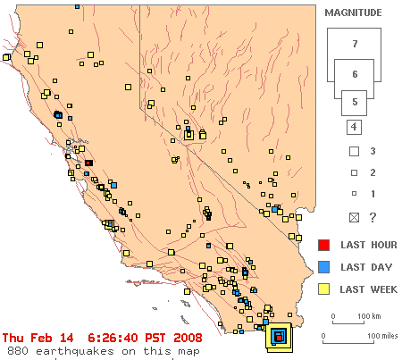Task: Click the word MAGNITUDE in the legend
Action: click(x=353, y=13)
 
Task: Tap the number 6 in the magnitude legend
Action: click(x=355, y=74)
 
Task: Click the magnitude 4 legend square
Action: click(x=354, y=127)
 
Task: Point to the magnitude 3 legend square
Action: click(x=354, y=151)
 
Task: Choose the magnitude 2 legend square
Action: click(x=354, y=172)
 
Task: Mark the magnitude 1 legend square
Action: click(x=354, y=194)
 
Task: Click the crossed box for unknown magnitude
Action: click(x=354, y=218)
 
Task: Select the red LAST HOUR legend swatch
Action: click(x=323, y=245)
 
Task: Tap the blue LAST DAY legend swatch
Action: click(x=323, y=267)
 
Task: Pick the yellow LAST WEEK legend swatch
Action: click(x=323, y=289)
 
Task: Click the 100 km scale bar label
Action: click(x=369, y=316)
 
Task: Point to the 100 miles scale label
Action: click(x=382, y=336)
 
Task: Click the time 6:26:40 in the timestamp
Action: click(x=113, y=338)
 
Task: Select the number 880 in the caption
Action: click(x=18, y=351)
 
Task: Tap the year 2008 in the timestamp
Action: click(x=188, y=338)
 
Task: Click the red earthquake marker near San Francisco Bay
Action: click(x=88, y=163)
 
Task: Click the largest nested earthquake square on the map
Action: click(x=279, y=338)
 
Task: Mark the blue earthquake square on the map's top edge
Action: click(x=78, y=6)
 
